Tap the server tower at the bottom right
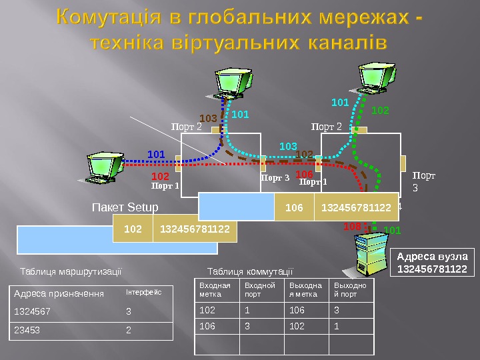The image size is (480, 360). pyautogui.click(x=366, y=256)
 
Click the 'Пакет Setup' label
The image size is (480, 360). pyautogui.click(x=125, y=207)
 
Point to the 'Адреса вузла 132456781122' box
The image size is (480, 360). pyautogui.click(x=433, y=263)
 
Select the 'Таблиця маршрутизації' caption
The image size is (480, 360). pyautogui.click(x=71, y=271)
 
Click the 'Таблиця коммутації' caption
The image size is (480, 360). pyautogui.click(x=250, y=271)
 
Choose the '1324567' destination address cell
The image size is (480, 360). pyautogui.click(x=31, y=311)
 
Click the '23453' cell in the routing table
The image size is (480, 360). pyautogui.click(x=27, y=329)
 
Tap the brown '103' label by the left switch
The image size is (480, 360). pyautogui.click(x=209, y=119)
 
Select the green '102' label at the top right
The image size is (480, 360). pyautogui.click(x=380, y=109)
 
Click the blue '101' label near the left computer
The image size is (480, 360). pyautogui.click(x=156, y=154)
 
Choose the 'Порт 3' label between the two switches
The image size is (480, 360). pyautogui.click(x=275, y=178)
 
